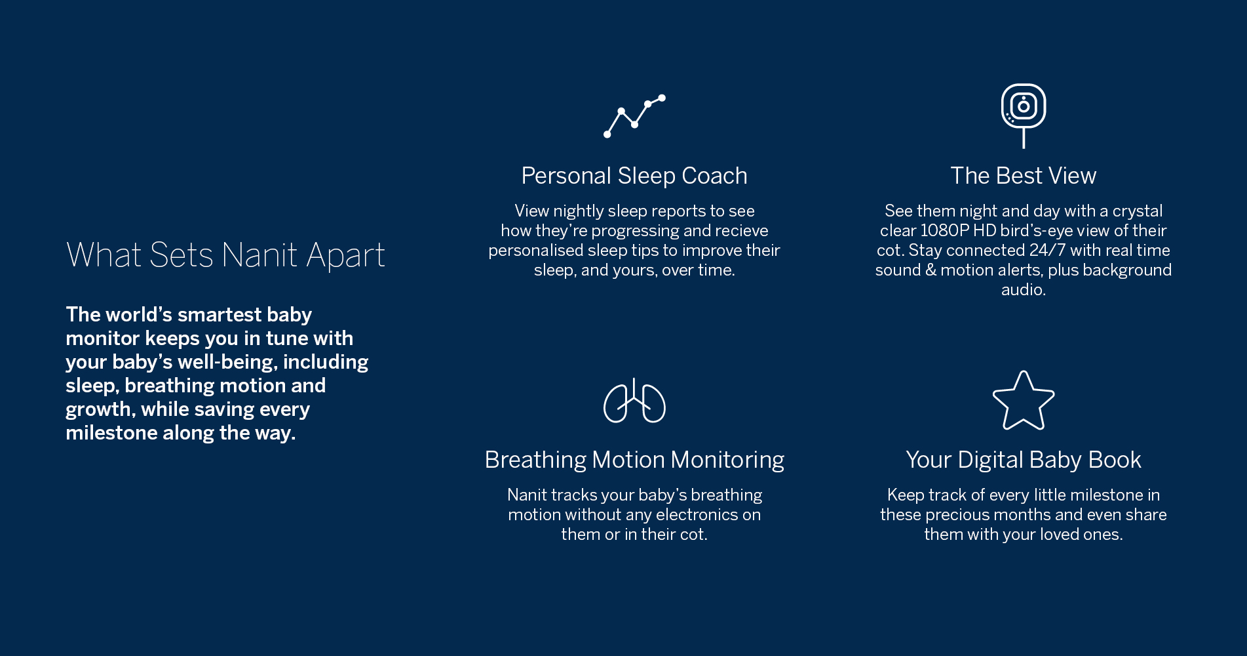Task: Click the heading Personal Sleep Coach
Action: click(x=634, y=176)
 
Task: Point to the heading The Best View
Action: click(x=1023, y=176)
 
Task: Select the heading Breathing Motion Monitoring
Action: click(x=634, y=460)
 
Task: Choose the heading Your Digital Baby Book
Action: click(x=1023, y=460)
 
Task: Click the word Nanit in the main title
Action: click(x=260, y=255)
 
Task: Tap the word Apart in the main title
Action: click(x=346, y=256)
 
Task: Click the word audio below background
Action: click(x=1023, y=290)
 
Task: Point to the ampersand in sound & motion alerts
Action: click(x=930, y=270)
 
